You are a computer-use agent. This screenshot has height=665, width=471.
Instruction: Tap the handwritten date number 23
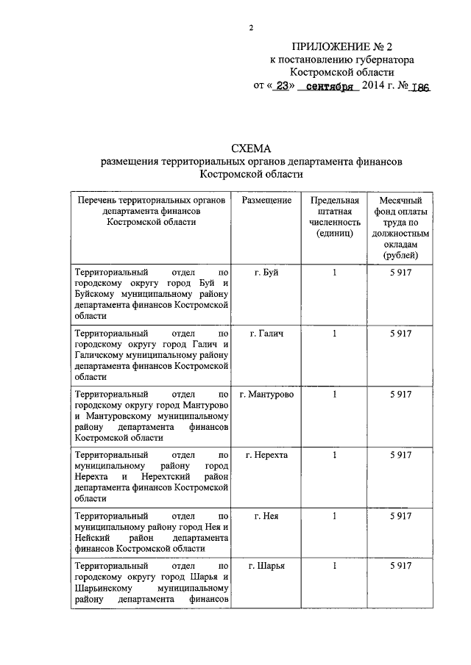tap(280, 86)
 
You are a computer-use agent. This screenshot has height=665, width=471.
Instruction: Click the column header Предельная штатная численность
tap(335, 217)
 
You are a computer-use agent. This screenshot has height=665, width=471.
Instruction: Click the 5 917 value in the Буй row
tap(400, 273)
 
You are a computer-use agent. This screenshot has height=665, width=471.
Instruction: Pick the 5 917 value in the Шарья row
tap(400, 566)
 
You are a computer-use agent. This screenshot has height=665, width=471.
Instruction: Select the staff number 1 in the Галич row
tap(335, 334)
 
